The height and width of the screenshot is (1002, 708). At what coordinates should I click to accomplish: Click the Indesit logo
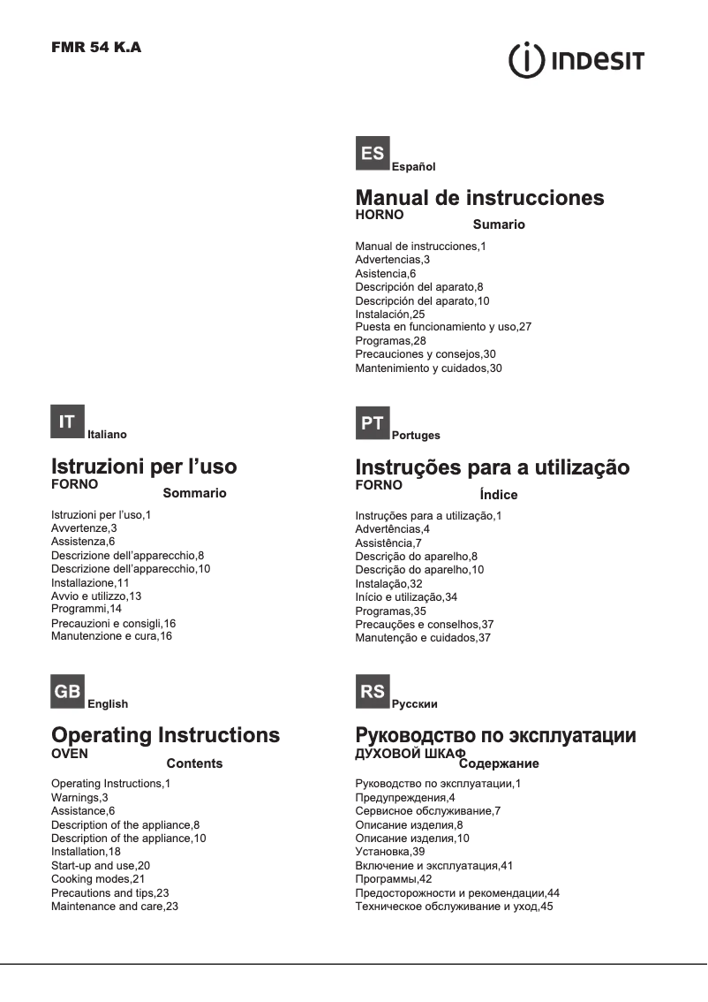pos(576,61)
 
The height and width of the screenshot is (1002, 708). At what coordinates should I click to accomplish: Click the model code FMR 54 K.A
pos(96,48)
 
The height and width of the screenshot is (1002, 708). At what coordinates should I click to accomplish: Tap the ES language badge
pos(373,154)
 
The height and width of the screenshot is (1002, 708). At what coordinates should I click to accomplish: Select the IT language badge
pos(67,422)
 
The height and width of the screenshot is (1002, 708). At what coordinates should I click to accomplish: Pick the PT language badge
pos(373,423)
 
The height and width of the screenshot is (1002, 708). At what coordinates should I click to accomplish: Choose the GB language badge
pos(67,692)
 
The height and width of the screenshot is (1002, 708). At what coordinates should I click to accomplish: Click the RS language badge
pos(373,692)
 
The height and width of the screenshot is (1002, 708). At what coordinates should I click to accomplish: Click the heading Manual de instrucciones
pos(479,197)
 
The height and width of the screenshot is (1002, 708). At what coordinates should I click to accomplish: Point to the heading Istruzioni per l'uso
pos(144,466)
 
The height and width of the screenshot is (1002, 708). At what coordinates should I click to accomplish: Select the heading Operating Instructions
pos(166,735)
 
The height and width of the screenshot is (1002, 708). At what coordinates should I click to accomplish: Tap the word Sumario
pos(499,224)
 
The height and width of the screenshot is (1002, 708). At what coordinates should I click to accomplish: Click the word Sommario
pos(194,493)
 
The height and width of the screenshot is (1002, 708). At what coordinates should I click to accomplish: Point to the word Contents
pos(194,763)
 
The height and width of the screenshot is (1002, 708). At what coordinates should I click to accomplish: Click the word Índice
pos(498,495)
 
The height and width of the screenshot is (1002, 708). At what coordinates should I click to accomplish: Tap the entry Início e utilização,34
pos(406,597)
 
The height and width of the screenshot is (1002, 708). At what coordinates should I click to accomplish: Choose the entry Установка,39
pos(389,852)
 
